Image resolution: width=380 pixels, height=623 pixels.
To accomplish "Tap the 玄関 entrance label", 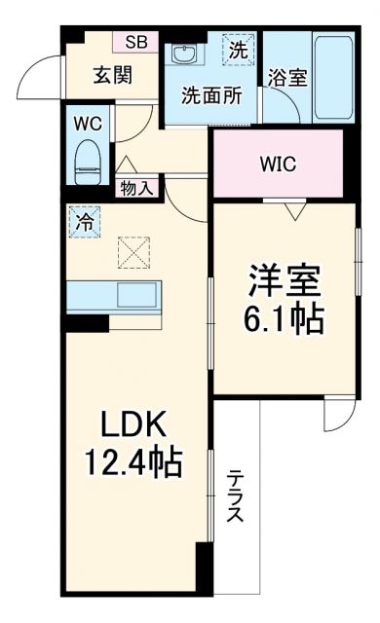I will (x=113, y=75).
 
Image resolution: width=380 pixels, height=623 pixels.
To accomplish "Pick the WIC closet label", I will (x=277, y=164).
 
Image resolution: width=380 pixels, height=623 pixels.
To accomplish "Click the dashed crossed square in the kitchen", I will (x=133, y=254).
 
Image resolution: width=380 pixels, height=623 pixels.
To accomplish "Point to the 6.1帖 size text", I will (x=283, y=318).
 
